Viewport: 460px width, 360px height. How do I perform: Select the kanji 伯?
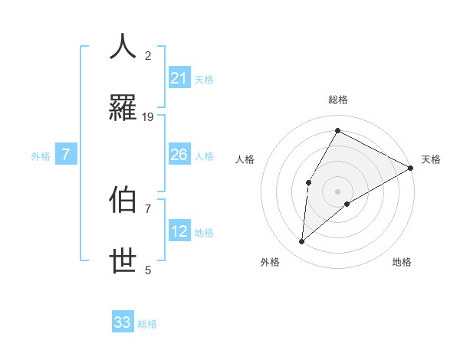[123, 201]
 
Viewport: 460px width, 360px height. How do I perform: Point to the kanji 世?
[123, 261]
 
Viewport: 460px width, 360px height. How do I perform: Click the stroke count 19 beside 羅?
[148, 116]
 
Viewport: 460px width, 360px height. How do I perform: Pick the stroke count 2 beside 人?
[148, 56]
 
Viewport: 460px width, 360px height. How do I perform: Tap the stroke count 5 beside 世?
[148, 270]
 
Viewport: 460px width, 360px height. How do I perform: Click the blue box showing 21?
[179, 78]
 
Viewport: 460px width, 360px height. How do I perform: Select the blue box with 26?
[179, 155]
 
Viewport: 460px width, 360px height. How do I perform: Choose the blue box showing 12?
[179, 231]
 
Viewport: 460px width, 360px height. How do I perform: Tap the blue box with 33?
[123, 322]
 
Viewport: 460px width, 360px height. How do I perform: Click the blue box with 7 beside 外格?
[66, 155]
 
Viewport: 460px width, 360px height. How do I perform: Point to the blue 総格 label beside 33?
[147, 324]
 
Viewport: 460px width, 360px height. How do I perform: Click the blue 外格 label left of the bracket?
[41, 156]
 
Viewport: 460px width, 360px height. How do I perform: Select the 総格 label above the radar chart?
[337, 100]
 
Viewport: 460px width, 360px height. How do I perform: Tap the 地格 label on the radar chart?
[402, 262]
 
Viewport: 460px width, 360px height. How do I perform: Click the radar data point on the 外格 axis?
[302, 242]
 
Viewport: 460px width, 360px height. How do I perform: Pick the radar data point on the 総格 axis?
[337, 130]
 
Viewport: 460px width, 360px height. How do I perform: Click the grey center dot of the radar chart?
[337, 191]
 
